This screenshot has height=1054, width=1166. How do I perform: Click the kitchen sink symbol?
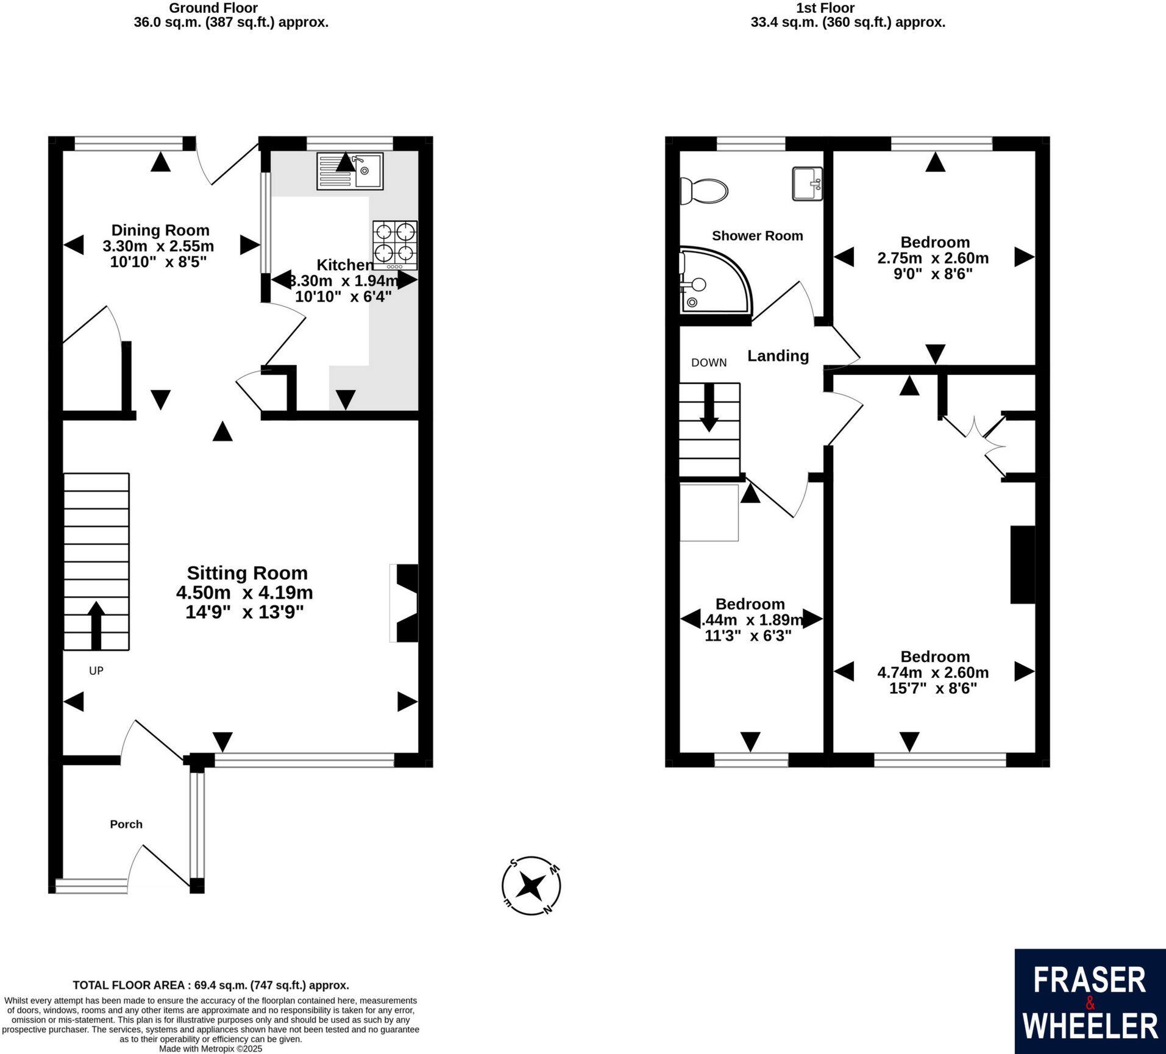pos(350,171)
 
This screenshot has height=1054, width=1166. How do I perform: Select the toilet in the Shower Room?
pos(703,191)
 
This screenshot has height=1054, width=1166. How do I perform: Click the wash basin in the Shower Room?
pos(808,183)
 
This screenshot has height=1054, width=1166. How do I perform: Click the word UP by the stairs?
pos(96,671)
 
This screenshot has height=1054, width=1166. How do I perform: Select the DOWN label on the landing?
pos(709,363)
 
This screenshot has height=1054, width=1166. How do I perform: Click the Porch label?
pos(126,824)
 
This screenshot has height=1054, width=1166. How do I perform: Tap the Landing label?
pos(778,356)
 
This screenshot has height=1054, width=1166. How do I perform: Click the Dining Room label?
pos(160,230)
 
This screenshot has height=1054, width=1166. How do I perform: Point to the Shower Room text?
pos(757,236)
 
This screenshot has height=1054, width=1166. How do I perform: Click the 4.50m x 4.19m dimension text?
pos(244,593)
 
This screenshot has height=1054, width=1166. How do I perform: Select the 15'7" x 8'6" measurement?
pos(933,688)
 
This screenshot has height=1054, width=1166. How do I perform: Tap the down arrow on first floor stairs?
pos(709,407)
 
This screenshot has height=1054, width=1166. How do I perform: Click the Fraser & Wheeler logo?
pos(1090,1001)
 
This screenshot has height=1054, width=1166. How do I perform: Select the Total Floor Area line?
pos(211,985)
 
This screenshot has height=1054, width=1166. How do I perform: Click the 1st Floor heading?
pos(825,9)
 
